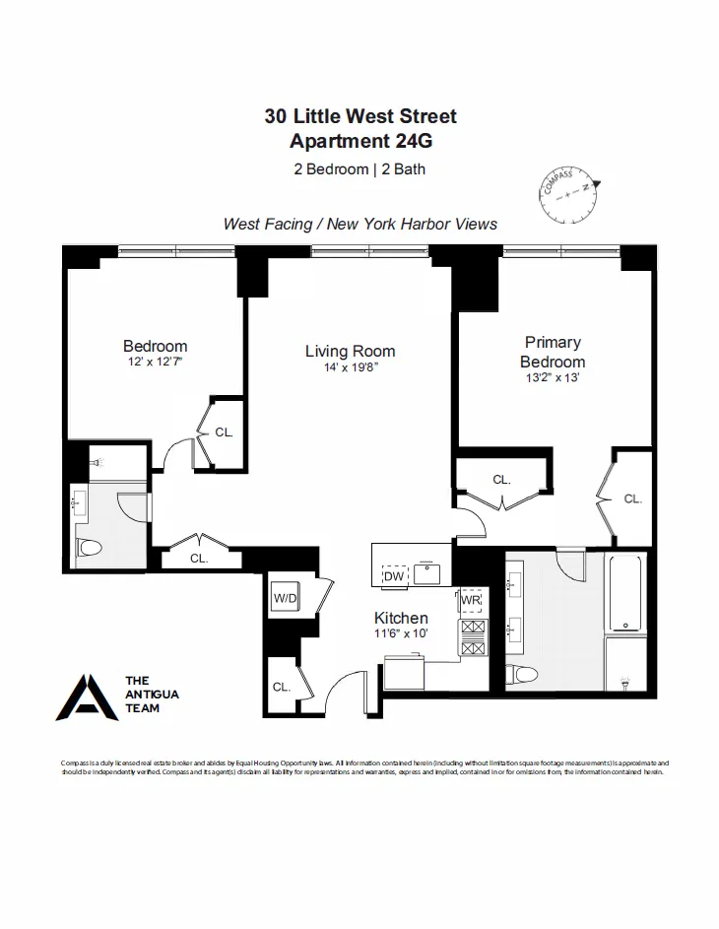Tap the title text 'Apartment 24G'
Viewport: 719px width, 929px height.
(359, 141)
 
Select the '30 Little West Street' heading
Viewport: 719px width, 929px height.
(359, 116)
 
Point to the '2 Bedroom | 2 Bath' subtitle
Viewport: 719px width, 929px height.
(359, 168)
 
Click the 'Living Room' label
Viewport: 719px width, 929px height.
(350, 351)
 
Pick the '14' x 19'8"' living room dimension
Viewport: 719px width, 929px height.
(350, 367)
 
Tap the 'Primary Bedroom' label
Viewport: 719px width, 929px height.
(553, 352)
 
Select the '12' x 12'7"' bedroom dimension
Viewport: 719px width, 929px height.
(155, 362)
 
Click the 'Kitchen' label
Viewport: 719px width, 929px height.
(401, 618)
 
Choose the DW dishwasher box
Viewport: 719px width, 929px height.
(394, 575)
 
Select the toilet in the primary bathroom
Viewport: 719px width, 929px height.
(521, 675)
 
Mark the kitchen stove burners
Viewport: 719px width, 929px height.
(472, 637)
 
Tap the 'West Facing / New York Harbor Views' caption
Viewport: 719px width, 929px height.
(359, 224)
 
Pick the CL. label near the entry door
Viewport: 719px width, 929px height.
(281, 687)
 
